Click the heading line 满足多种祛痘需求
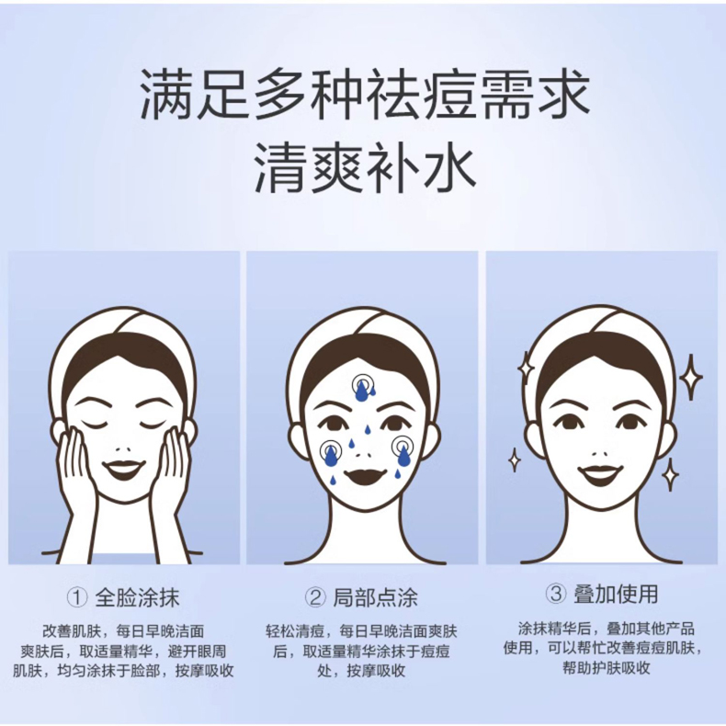365,94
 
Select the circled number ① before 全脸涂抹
77,597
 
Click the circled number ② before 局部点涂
316,597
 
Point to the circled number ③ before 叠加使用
556,594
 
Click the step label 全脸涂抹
137,597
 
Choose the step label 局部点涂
376,597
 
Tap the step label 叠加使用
616,594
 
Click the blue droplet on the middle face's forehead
361,391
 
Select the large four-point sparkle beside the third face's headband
690,378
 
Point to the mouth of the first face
123,469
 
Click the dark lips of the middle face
365,476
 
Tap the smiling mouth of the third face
599,473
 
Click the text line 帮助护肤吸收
607,668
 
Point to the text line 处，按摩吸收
361,671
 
